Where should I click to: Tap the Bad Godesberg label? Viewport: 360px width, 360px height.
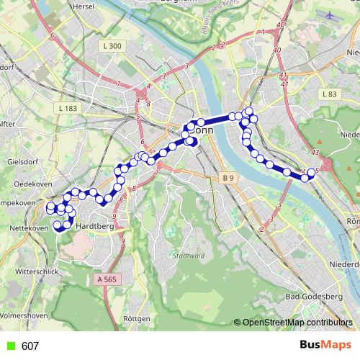tap(314, 296)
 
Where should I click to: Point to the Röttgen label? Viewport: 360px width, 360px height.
tap(137, 318)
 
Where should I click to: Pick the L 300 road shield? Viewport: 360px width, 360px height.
tap(113, 46)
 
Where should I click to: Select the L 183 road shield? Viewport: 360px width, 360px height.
tap(66, 107)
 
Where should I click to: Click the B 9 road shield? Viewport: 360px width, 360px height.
tap(228, 177)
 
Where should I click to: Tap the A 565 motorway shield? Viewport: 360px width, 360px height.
tap(104, 279)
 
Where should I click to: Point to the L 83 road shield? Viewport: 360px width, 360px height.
tap(330, 94)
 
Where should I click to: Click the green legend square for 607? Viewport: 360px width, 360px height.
tap(8, 346)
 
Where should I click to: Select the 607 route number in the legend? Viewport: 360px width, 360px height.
tap(30, 346)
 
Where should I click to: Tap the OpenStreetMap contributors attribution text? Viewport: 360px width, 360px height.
tap(296, 323)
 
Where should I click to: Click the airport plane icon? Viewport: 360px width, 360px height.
tap(330, 14)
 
